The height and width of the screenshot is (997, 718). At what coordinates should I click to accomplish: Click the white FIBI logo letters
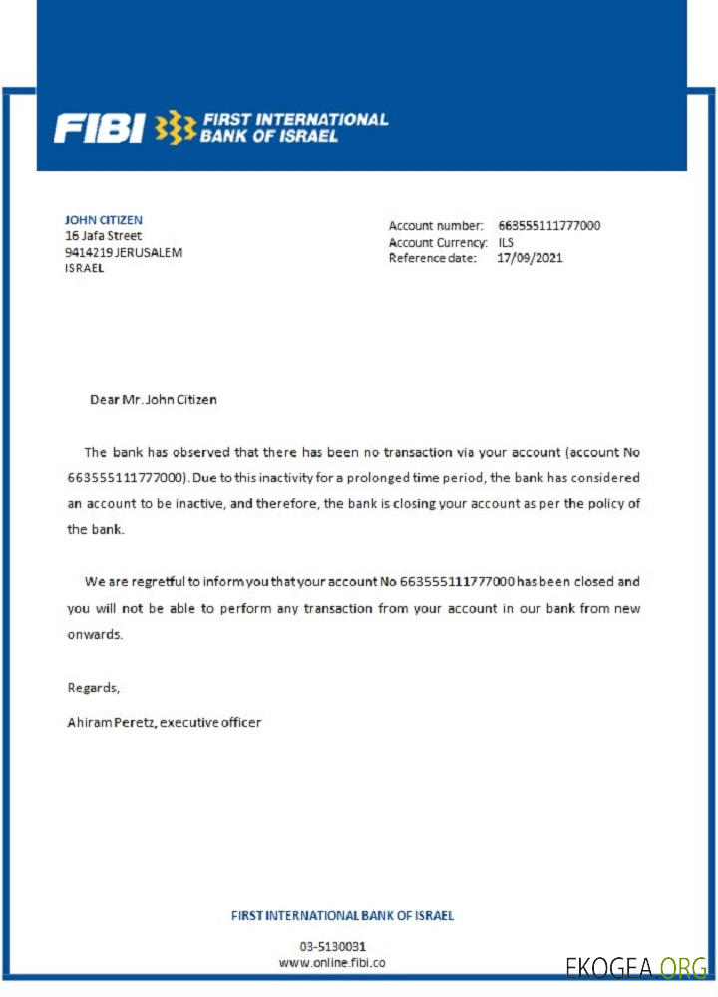99,128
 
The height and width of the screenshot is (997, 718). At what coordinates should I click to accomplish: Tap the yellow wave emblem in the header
176,127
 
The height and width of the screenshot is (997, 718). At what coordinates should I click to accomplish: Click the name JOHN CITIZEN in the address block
103,220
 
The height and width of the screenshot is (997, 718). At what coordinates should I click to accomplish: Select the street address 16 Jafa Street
103,236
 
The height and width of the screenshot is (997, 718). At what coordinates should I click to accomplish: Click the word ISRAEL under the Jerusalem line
84,269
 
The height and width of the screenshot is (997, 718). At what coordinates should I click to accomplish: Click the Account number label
436,226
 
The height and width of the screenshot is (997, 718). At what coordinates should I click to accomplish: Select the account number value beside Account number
548,226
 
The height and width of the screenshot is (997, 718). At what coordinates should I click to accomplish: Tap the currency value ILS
506,242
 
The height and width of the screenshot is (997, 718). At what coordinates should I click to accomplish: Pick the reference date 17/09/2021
530,258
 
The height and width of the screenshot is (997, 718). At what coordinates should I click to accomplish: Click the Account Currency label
438,242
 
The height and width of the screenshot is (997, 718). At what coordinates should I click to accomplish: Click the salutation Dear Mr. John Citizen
153,400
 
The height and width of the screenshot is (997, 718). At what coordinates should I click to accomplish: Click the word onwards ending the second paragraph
95,634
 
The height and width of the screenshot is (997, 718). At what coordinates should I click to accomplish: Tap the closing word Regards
93,687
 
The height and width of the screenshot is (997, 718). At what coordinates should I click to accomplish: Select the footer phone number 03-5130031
332,946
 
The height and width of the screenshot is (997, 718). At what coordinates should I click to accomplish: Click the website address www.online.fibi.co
332,963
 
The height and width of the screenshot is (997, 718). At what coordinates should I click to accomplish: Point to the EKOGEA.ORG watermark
636,967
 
